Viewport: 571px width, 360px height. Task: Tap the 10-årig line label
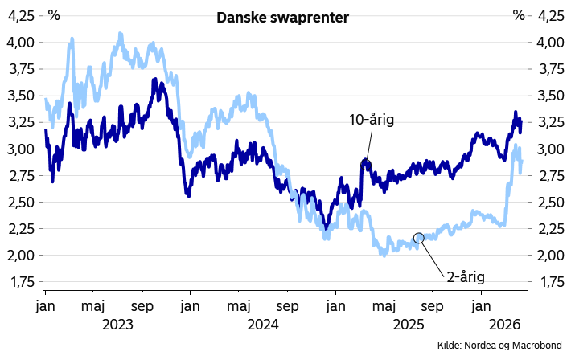tap(371, 121)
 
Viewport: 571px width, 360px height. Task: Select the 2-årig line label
tap(467, 279)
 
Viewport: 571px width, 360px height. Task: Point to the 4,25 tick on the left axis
tap(23, 16)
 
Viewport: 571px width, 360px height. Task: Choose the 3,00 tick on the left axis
tap(23, 149)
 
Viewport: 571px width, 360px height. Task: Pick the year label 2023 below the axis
tap(118, 325)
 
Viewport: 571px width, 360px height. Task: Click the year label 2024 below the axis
tap(263, 325)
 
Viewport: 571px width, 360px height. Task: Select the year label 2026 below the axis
tap(506, 325)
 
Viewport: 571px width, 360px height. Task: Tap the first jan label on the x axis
tap(44, 306)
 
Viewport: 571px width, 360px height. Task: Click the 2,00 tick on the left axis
tap(23, 256)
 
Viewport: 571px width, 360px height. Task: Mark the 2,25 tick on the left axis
tap(23, 230)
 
